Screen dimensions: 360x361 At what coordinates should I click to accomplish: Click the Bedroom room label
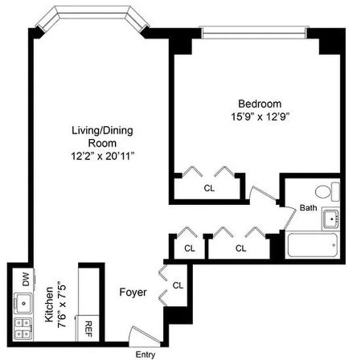pos(258,104)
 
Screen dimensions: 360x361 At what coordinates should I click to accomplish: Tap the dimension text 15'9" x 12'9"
pos(258,117)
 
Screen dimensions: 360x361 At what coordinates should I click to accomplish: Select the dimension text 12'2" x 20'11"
pos(91,155)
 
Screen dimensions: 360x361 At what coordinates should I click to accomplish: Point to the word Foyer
pos(133,292)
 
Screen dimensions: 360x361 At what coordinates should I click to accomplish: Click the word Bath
pos(309,208)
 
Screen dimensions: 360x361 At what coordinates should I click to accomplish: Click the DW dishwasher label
pos(26,280)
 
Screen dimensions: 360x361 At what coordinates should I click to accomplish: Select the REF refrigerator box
pos(87,328)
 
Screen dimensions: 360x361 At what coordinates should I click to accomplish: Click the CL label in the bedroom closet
pos(209,188)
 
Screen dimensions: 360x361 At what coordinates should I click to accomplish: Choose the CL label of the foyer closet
pos(178,284)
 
